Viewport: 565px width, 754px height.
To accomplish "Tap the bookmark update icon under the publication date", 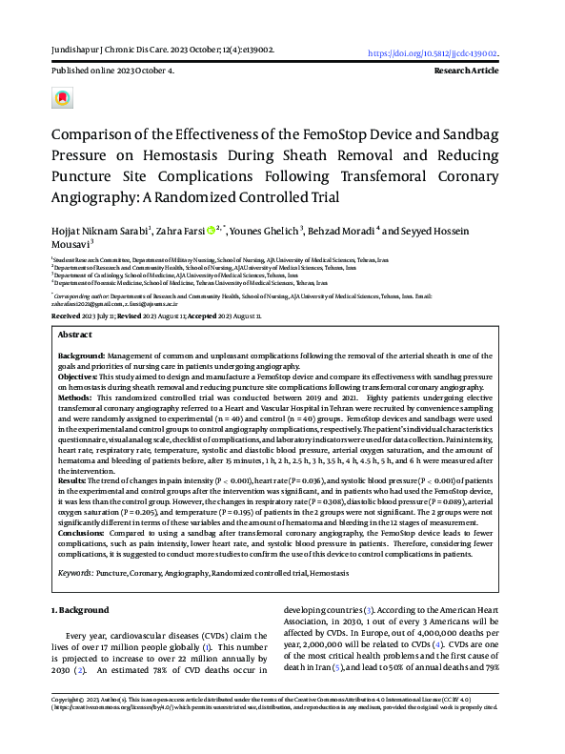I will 62,98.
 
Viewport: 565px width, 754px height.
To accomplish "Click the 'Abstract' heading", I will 75,336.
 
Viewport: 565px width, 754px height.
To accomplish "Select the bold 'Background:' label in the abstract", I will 80,354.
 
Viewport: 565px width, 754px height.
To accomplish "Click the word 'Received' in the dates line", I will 66,315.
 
